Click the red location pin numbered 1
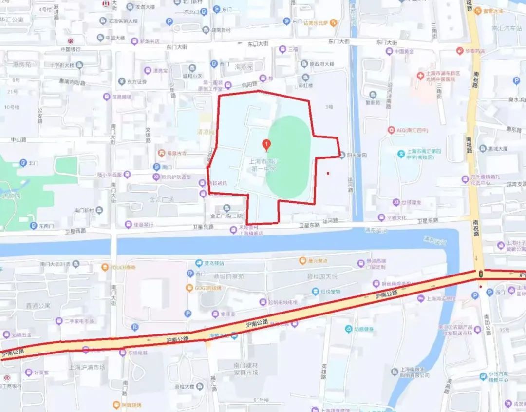point(266,144)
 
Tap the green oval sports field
point(289,157)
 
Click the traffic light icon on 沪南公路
point(481,275)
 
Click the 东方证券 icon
point(122,82)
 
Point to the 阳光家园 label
point(357,156)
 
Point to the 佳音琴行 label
point(143,225)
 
